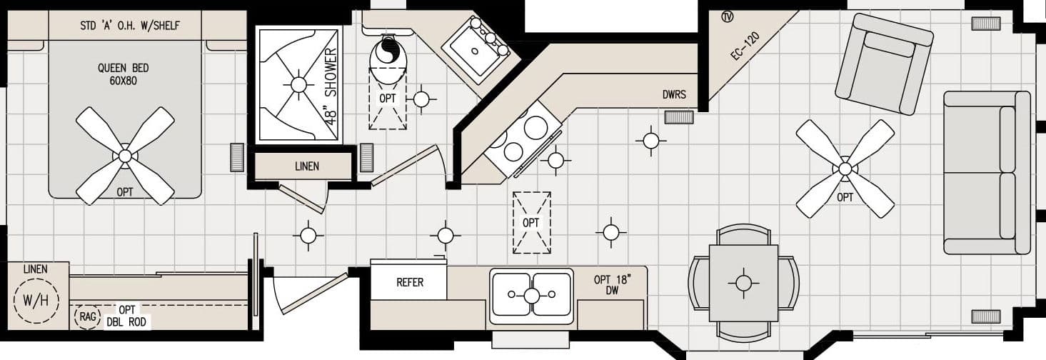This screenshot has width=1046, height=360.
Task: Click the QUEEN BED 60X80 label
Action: [x=124, y=74]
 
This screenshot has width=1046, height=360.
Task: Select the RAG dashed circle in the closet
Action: [x=87, y=316]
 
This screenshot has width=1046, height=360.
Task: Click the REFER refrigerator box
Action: [x=410, y=282]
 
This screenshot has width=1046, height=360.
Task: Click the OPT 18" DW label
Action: [x=611, y=284]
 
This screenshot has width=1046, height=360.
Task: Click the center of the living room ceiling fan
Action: [x=845, y=169]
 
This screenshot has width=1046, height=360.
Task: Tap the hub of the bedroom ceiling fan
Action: [x=125, y=155]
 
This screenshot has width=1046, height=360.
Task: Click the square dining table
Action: [x=743, y=283]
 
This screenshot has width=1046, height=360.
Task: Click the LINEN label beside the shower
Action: [x=306, y=166]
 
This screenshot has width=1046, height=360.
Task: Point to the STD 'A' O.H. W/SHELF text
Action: [x=130, y=26]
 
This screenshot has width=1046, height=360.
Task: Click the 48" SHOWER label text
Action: [x=331, y=87]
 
